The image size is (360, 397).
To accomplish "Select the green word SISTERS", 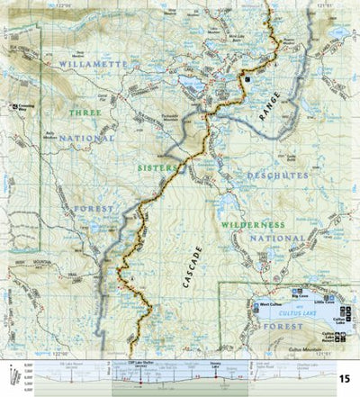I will click(154, 167).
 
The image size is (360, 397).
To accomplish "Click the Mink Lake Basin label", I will click(237, 56).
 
